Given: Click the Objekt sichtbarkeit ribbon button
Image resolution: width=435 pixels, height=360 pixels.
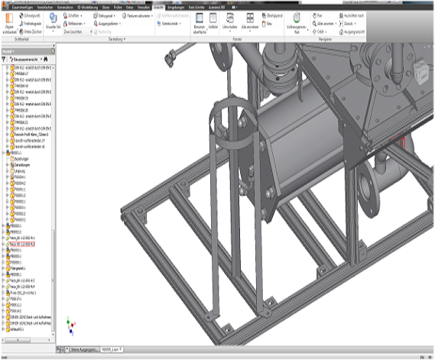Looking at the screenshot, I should [x=9, y=25].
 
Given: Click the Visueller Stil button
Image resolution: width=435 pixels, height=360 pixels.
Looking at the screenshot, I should [x=52, y=24].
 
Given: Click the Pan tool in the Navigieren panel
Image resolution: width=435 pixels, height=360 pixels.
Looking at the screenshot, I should [x=320, y=15].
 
